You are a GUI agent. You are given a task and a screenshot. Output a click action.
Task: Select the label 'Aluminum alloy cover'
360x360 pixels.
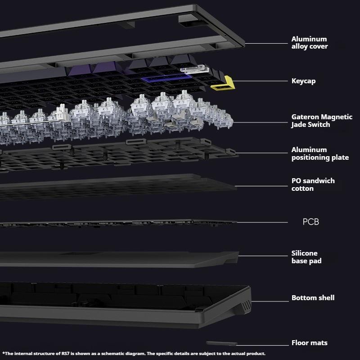(x=309, y=43)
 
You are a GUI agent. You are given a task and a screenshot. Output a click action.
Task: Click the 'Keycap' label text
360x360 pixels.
(x=303, y=81)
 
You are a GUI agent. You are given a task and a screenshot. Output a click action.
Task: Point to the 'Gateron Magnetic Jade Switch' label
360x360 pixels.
(x=322, y=121)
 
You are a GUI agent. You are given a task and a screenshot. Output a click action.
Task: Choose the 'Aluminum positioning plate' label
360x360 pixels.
(x=320, y=153)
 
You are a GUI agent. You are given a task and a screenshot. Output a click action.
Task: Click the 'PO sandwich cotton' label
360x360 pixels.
(x=313, y=184)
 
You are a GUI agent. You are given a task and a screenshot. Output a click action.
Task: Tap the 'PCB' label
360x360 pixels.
(x=310, y=222)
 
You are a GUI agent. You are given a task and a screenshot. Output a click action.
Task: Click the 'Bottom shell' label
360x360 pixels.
(x=313, y=297)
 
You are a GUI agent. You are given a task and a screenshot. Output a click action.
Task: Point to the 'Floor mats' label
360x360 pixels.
(x=309, y=343)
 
